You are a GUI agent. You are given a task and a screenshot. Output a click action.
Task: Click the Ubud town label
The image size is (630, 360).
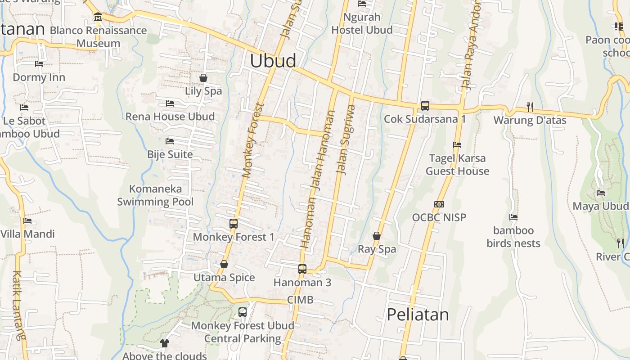point(273,61)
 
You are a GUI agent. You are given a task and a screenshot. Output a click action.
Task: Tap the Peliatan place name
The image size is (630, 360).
point(418,315)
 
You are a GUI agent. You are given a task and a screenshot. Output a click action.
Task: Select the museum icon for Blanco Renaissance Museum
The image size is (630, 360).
point(98,18)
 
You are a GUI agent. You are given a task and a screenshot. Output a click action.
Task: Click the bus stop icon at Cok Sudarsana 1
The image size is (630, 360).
point(425,106)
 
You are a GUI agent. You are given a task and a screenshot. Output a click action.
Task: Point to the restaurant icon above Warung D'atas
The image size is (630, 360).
point(530,107)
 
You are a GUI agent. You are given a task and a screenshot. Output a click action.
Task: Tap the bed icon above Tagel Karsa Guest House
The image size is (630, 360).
point(457,145)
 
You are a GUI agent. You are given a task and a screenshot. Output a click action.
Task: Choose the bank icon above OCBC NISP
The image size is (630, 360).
point(439,204)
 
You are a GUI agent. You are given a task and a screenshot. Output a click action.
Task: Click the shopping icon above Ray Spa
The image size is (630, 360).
point(377,236)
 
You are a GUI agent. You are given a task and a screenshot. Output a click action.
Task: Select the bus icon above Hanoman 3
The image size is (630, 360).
point(302,269)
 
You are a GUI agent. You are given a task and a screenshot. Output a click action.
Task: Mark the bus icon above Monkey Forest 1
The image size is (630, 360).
point(233,223)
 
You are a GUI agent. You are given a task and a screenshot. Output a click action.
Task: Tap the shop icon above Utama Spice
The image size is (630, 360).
point(224,264)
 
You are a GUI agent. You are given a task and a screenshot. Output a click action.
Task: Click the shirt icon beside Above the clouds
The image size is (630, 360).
point(164,343)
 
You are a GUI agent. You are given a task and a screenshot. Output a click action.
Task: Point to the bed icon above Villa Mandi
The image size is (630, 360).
point(27,221)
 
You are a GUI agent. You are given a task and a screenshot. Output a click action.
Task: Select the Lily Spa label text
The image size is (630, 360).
point(203,91)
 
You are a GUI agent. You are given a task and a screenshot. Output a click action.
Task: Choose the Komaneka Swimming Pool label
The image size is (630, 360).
point(155,195)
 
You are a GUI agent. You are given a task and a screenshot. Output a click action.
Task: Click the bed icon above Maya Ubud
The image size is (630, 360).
point(601,193)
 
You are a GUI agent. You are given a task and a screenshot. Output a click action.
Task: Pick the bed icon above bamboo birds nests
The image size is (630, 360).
point(513,217)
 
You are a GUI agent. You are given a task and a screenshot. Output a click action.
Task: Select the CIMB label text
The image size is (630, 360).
point(300,300)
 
